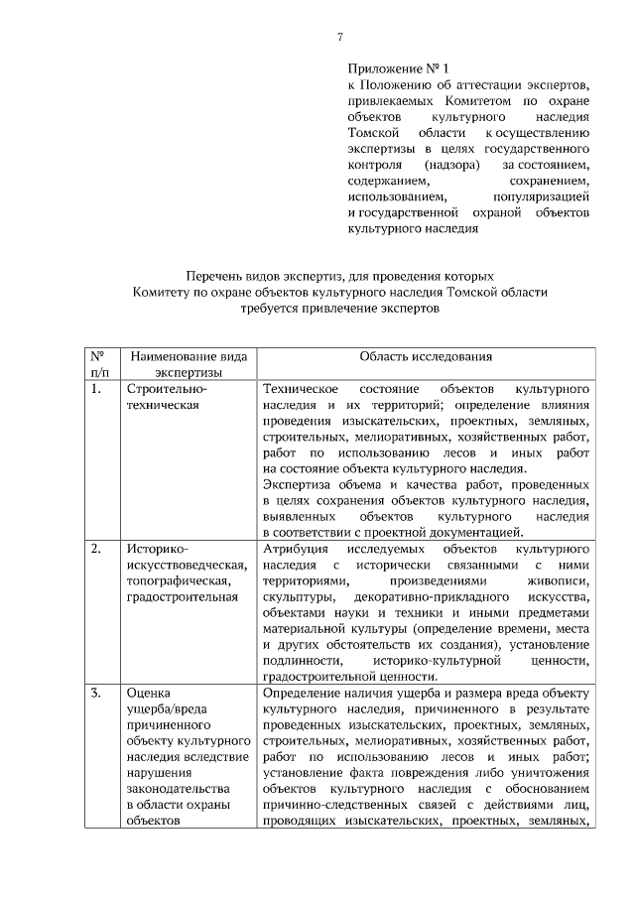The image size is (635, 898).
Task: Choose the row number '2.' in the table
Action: click(x=95, y=549)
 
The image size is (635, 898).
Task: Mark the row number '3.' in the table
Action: click(x=95, y=693)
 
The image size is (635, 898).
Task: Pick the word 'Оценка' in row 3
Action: click(x=150, y=693)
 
